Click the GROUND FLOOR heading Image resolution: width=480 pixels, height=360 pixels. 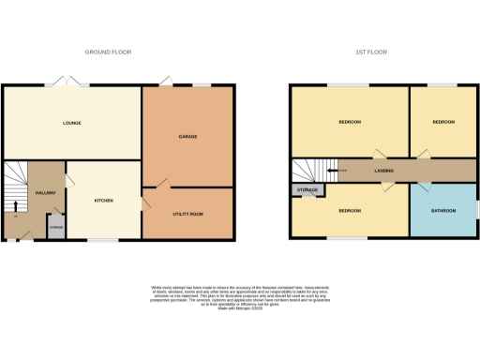106,52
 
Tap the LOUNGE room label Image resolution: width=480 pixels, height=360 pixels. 71,123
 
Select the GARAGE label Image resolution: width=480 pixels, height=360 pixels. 187,137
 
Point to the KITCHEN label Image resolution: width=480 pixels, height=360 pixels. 103,200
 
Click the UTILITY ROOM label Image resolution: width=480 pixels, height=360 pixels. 187,214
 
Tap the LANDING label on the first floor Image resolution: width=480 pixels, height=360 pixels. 382,171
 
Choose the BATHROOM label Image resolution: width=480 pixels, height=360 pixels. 442,210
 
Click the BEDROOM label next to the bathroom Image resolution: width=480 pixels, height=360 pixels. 349,210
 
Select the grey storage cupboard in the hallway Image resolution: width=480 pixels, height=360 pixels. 56,227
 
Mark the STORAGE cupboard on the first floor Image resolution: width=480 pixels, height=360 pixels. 307,190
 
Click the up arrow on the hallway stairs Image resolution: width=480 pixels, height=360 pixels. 16,207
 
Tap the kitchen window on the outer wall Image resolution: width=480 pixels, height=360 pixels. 103,239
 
